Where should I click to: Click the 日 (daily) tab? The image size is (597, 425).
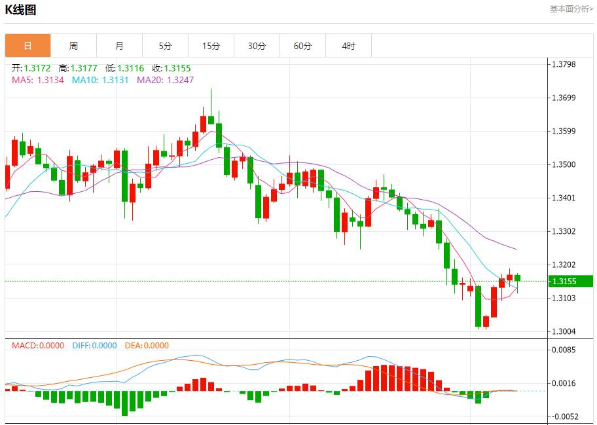pyautogui.click(x=27, y=46)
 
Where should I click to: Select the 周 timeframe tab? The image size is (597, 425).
pyautogui.click(x=73, y=46)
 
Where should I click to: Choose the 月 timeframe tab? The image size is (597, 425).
pyautogui.click(x=119, y=46)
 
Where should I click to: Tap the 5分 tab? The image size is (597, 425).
pyautogui.click(x=165, y=46)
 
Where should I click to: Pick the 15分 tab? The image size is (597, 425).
pyautogui.click(x=211, y=46)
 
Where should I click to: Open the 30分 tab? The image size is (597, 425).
pyautogui.click(x=257, y=46)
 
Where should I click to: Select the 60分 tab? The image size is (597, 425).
pyautogui.click(x=302, y=46)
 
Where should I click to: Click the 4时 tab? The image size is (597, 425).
pyautogui.click(x=348, y=46)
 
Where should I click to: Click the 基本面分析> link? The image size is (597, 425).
pyautogui.click(x=571, y=9)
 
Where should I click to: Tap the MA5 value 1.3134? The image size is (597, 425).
pyautogui.click(x=50, y=80)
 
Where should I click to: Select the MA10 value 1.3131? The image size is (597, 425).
pyautogui.click(x=115, y=80)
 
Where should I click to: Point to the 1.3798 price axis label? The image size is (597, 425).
pyautogui.click(x=563, y=64)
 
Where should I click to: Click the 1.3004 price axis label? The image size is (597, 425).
pyautogui.click(x=563, y=331)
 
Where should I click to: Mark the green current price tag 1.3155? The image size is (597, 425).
pyautogui.click(x=571, y=281)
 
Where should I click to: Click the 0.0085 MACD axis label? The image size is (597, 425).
pyautogui.click(x=563, y=350)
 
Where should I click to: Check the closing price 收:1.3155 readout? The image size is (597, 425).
pyautogui.click(x=172, y=68)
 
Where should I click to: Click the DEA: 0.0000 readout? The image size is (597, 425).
pyautogui.click(x=147, y=345)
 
